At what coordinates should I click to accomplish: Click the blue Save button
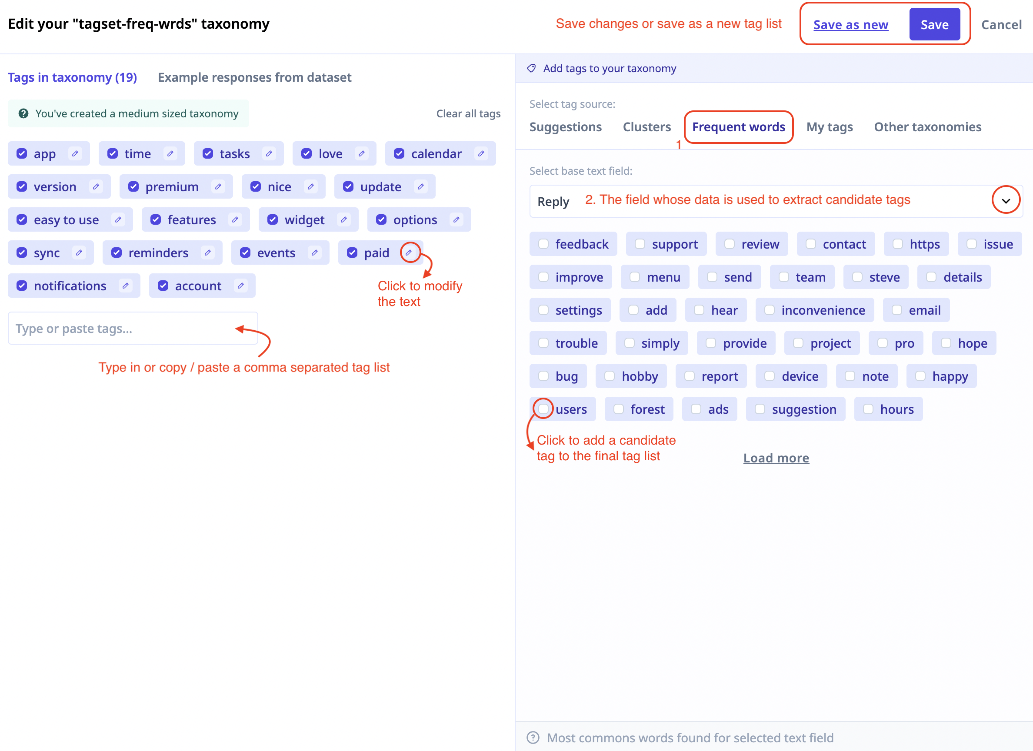pos(934,25)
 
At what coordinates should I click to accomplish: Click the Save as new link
pos(850,25)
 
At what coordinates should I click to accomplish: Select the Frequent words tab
pos(738,126)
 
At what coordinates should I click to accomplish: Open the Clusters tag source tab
pos(647,126)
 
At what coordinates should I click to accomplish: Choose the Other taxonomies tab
pos(927,126)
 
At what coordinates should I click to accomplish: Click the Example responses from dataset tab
pos(255,77)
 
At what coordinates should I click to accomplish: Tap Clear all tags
pos(468,113)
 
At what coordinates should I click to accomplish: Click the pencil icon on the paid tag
pos(409,253)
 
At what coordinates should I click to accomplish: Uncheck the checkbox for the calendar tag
pos(399,153)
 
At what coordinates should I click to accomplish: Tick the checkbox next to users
pos(543,409)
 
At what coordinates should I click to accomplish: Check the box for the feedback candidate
pos(543,244)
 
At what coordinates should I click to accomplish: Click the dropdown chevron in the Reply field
pos(1006,200)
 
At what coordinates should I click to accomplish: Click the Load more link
pos(776,458)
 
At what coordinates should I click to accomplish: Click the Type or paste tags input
pos(133,329)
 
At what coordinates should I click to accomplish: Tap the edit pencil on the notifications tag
pos(125,286)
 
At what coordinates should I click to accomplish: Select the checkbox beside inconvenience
pos(769,310)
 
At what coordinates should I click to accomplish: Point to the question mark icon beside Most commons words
pos(533,738)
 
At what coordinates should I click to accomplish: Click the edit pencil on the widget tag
pos(343,219)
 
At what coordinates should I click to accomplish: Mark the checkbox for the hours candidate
pos(868,409)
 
